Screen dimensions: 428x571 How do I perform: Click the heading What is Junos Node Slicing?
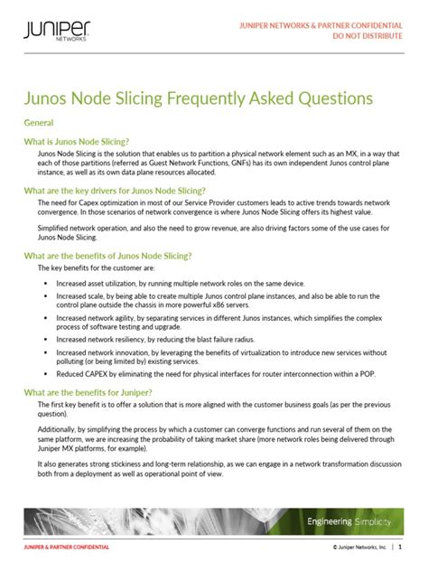77,142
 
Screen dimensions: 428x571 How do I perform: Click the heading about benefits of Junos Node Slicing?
123,257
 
